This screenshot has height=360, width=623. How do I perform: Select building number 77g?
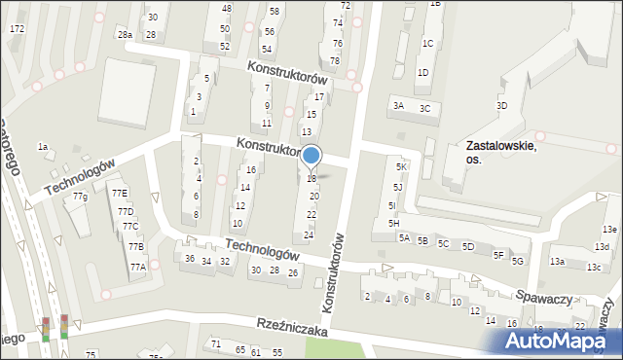coord(80,197)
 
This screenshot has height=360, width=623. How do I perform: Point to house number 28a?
coord(125,34)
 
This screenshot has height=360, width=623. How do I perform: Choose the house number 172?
coord(17,29)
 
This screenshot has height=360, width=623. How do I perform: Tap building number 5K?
coord(400,167)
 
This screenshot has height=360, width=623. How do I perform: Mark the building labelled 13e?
coord(609,230)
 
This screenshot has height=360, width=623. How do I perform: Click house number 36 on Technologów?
coord(190,258)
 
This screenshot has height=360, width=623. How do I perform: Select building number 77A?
coord(138,267)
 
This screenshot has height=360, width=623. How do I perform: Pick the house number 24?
coord(309,235)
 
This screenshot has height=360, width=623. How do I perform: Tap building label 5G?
coord(518,261)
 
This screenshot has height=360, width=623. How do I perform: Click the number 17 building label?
coord(318,97)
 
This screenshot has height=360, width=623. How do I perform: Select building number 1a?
coord(43,146)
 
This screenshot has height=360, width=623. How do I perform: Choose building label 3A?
coord(397,107)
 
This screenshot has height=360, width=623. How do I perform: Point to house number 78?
coord(335,61)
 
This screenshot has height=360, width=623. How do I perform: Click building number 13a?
coord(557,262)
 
